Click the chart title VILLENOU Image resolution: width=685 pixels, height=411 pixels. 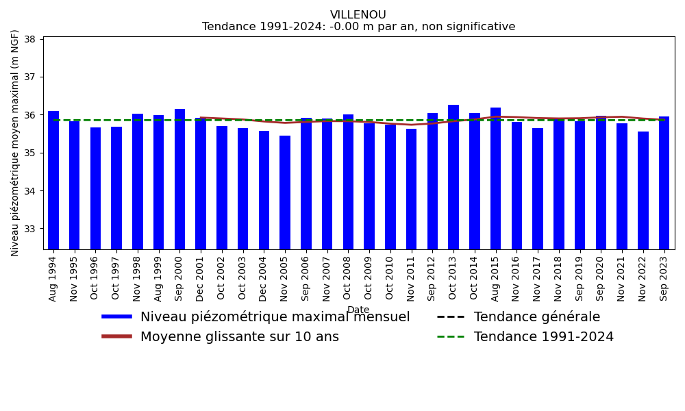point(358,15)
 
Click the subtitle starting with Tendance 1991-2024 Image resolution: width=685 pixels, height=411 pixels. point(358,27)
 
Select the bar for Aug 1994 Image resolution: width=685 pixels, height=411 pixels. point(53,179)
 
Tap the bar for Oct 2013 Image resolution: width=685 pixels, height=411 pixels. point(453,177)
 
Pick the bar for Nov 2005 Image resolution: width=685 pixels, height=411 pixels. point(285,192)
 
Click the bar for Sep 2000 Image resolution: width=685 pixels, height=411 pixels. point(179,179)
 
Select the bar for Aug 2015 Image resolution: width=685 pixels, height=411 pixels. point(495,178)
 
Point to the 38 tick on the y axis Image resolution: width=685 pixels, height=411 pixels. point(31,39)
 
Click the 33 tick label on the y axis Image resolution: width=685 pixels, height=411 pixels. point(31,229)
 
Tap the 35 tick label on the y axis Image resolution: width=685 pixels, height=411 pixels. point(31,153)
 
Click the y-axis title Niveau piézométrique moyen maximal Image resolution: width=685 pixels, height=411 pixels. point(16,142)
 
